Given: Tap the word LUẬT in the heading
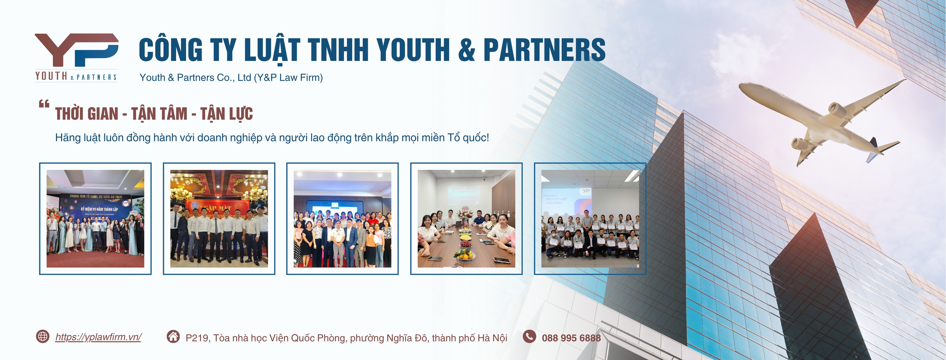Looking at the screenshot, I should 272,51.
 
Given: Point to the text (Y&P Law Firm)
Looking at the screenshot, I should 288,78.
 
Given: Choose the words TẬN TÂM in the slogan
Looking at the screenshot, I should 159,114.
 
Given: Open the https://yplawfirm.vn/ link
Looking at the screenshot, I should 98,337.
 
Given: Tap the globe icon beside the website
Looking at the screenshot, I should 43,336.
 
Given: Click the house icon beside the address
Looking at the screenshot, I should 173,336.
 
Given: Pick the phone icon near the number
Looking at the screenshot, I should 529,336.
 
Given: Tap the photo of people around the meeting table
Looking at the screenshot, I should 466,219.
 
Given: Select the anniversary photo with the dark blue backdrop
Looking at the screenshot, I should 95,219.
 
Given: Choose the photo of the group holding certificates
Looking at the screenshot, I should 590,219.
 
